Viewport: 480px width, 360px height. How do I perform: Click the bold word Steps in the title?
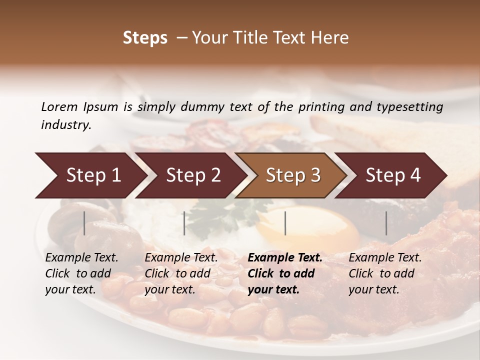145,38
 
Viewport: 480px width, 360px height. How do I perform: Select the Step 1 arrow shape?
90,175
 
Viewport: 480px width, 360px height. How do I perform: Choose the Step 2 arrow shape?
192,175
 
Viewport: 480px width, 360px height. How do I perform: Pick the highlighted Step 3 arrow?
292,175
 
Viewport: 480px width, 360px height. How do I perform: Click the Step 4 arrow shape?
392,175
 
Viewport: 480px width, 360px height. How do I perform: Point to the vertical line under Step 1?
84,223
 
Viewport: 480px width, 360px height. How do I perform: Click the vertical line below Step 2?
184,223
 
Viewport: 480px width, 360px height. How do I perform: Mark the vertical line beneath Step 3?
285,223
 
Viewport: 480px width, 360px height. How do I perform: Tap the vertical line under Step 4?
386,223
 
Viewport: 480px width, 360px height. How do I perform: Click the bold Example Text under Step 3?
285,258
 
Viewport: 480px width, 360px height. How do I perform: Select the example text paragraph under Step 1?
81,273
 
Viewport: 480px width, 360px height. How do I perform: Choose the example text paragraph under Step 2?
180,273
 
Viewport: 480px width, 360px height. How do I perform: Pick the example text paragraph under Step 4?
384,273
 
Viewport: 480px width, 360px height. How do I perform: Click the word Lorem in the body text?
59,107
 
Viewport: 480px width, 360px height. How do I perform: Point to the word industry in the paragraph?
66,125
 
